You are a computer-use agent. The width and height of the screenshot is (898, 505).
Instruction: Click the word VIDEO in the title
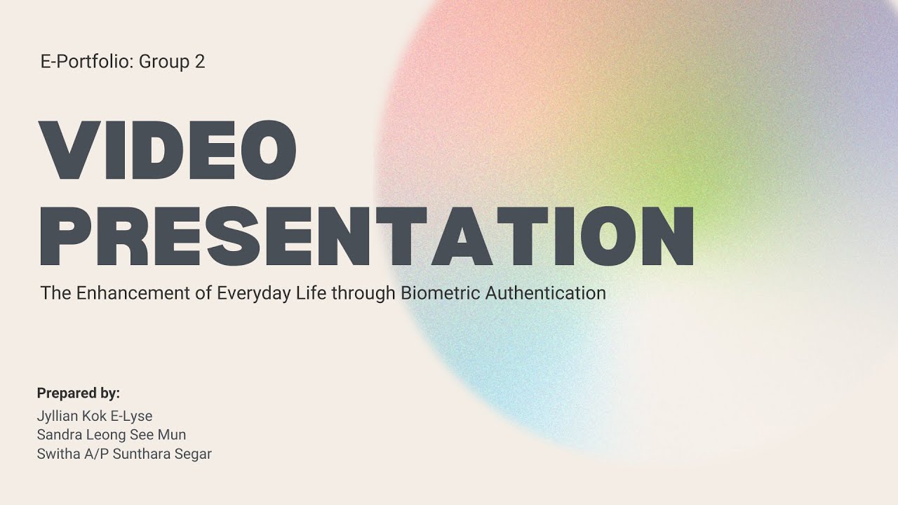(168, 151)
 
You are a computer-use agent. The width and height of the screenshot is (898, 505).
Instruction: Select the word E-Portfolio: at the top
(87, 62)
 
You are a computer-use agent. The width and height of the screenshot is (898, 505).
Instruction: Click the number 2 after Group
(200, 62)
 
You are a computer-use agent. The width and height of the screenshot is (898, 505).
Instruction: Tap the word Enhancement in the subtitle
(133, 292)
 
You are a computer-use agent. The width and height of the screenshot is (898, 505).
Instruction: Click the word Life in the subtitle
(310, 292)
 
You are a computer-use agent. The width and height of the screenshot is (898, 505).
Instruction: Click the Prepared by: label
(79, 393)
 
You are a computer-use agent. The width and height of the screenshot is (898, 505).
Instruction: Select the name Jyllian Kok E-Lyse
(95, 416)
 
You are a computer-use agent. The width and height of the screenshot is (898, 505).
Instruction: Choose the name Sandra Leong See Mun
(112, 435)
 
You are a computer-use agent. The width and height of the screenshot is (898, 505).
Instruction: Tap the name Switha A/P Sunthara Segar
(124, 454)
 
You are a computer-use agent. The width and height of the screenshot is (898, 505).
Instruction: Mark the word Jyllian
(57, 417)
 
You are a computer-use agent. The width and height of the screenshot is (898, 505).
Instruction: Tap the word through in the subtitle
(363, 293)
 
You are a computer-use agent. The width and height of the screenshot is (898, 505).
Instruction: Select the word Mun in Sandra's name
(172, 435)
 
